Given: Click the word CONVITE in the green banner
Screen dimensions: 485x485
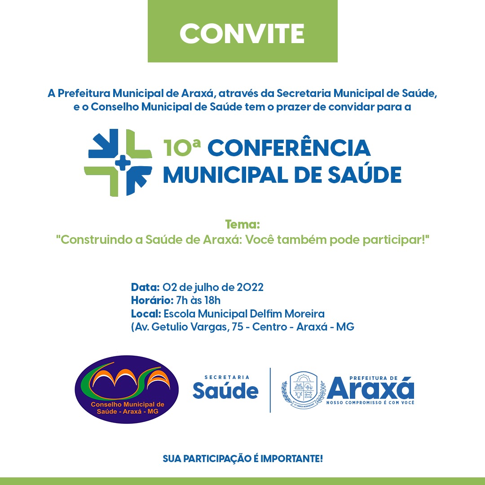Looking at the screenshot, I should tap(242, 33).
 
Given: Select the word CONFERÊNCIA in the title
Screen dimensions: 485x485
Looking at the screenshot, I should tap(289, 148).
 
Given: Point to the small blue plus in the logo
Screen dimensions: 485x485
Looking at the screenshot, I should tap(122, 163).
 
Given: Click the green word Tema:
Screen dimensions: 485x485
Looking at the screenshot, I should tap(242, 224).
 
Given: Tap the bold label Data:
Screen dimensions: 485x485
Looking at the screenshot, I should tap(145, 287).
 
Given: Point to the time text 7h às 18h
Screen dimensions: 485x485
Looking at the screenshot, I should tap(196, 300).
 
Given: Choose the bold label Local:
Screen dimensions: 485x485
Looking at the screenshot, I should tap(146, 313).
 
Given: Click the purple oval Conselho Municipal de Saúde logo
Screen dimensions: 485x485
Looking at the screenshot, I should tap(126, 389).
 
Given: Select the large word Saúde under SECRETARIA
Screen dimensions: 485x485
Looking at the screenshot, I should tap(225, 391).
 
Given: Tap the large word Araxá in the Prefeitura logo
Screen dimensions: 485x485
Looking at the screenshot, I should tap(370, 389).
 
